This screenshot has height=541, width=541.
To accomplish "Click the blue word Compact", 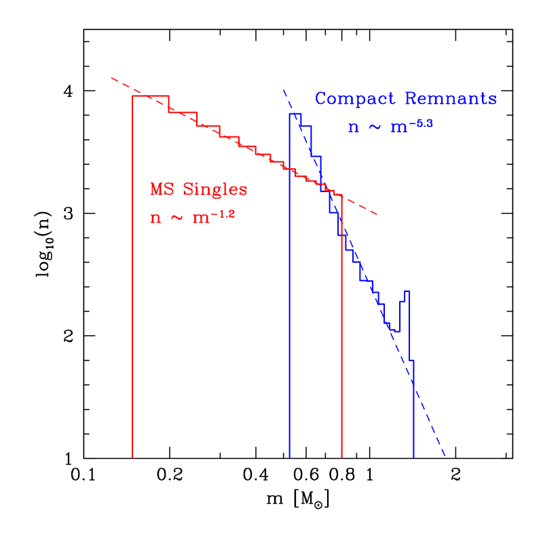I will coord(355,99).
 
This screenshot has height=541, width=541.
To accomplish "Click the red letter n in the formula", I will coord(155,219).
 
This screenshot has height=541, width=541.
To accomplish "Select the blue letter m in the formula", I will coord(398,128).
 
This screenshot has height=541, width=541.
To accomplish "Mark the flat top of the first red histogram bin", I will coord(150,96).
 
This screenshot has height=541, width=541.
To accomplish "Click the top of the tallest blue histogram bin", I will coord(295,113).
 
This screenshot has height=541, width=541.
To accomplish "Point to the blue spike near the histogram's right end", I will coord(406,292).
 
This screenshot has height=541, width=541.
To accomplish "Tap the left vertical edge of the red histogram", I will coord(132,272).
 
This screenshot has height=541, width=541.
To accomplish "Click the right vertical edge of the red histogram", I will coord(341,326).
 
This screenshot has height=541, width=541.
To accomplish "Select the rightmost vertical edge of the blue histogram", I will coord(413,407).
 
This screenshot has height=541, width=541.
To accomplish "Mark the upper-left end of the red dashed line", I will coord(112,78).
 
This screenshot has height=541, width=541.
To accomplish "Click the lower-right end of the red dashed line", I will coord(377,215).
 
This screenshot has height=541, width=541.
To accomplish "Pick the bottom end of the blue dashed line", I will coord(445,455).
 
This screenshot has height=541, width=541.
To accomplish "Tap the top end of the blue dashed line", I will coord(284,90).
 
